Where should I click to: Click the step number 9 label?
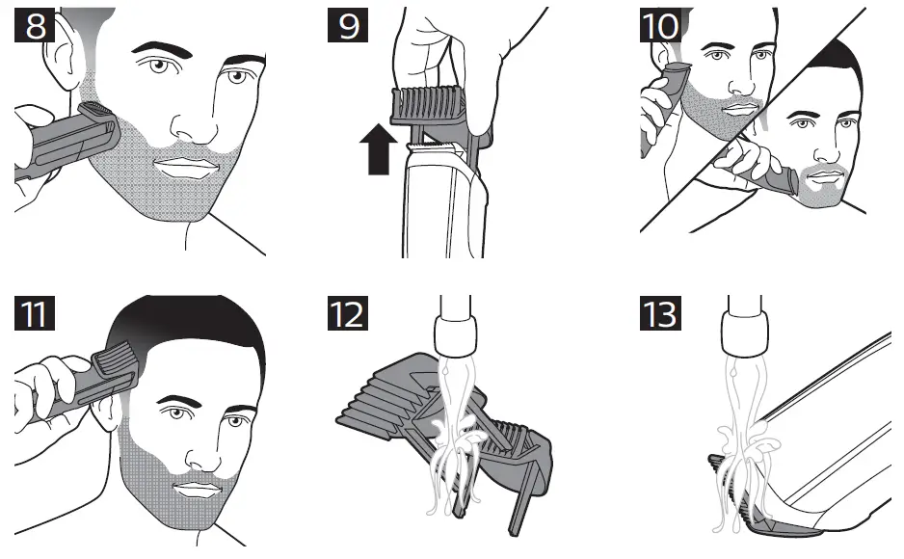click(x=349, y=25)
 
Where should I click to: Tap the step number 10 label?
click(x=661, y=25)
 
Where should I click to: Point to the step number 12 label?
click(x=349, y=315)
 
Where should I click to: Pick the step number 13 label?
click(x=661, y=315)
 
